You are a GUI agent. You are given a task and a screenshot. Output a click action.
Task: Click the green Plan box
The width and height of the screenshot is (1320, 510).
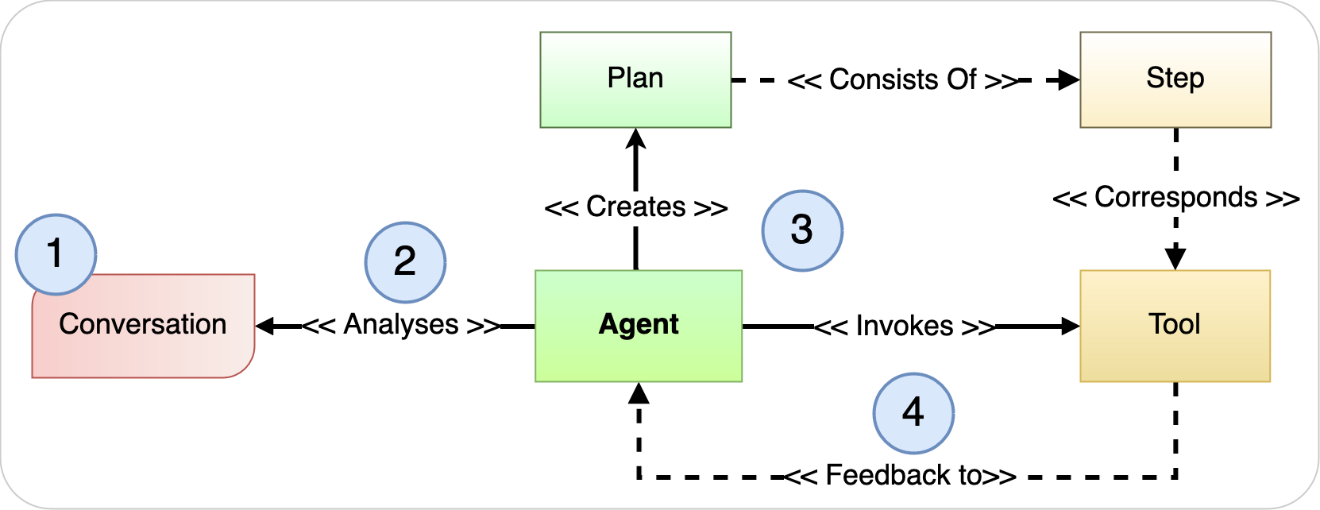[x=635, y=79]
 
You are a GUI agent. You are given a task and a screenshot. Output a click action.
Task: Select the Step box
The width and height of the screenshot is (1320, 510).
[x=1175, y=79]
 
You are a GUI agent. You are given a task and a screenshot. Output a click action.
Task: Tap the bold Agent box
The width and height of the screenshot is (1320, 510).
[x=639, y=326]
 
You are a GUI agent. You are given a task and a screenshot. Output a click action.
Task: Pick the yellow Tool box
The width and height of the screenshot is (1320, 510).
[x=1175, y=326]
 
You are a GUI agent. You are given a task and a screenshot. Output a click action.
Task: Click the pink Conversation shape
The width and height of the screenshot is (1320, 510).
[x=143, y=334]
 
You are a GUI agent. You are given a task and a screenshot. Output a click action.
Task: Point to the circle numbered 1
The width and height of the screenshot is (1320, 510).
[x=56, y=254]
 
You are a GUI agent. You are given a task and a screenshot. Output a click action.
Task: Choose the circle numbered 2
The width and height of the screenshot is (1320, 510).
[x=405, y=262]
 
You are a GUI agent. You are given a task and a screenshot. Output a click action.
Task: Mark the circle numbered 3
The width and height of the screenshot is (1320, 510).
[x=802, y=230]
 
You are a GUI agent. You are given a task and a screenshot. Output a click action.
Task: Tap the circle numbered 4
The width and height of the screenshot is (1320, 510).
[x=913, y=413]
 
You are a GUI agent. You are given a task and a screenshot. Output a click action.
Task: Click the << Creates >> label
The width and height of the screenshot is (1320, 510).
[x=635, y=207]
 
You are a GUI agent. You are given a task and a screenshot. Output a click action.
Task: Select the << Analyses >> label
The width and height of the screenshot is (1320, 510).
[x=401, y=325]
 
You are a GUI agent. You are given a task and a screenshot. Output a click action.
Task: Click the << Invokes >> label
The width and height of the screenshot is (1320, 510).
[x=905, y=326]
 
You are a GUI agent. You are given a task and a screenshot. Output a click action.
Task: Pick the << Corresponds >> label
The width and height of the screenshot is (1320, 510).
[x=1175, y=198]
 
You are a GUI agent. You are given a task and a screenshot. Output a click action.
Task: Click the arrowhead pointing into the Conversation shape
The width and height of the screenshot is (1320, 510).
[x=265, y=326]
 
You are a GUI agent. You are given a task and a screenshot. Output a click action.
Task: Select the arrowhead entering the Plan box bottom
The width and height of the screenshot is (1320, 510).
[x=635, y=138]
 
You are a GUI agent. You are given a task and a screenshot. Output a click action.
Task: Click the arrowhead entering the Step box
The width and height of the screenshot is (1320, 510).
[x=1069, y=79]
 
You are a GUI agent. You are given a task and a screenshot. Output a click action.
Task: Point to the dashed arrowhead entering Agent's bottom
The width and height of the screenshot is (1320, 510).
[x=639, y=392]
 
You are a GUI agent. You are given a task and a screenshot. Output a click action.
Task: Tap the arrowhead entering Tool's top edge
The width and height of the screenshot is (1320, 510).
[x=1175, y=259]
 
